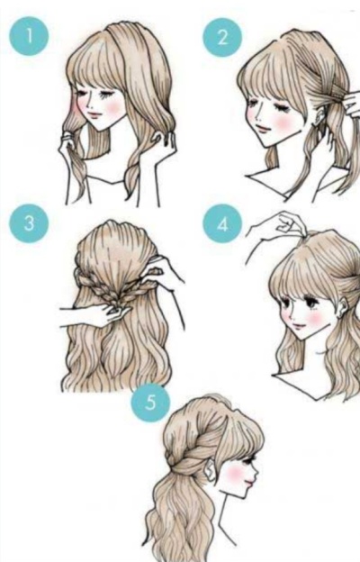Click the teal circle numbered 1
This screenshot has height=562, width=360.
[29, 36]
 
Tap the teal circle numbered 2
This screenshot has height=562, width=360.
[222, 37]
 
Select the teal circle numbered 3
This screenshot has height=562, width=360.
[29, 223]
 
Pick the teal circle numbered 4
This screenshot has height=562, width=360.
[222, 223]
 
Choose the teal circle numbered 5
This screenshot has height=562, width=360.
[150, 403]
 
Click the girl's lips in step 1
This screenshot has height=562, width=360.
[94, 115]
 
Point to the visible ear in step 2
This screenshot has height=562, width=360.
[319, 118]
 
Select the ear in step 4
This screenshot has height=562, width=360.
[343, 310]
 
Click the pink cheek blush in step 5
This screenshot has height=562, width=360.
[236, 474]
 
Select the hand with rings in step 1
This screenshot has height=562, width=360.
[70, 145]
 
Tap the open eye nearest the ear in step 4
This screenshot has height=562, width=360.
[312, 304]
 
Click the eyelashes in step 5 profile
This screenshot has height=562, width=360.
[254, 459]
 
